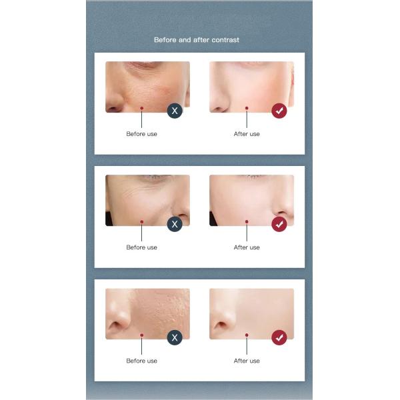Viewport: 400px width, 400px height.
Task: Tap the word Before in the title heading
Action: pos(165,40)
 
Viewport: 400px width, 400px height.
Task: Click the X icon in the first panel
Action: pos(175,111)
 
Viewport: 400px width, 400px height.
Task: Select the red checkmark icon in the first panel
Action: pos(279,111)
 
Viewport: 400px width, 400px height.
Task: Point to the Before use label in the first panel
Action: pos(142,134)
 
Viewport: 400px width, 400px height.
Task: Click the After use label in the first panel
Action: pos(247,134)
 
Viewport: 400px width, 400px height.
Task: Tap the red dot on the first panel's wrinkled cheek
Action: pos(142,107)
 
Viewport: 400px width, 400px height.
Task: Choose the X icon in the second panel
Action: pos(175,224)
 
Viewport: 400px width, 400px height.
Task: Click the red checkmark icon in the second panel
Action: pos(279,224)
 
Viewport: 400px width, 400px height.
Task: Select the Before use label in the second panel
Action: pos(142,247)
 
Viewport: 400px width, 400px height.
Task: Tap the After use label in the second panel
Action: pos(247,247)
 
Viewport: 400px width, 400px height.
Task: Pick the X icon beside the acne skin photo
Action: pos(175,337)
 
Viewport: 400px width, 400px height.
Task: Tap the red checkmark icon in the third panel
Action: pos(279,337)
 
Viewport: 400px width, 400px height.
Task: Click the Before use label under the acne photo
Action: pos(142,361)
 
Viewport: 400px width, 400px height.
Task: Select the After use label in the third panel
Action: pos(247,361)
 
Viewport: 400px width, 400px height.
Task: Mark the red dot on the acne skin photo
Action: pos(142,334)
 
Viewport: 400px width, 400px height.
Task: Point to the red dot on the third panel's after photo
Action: pos(247,334)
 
